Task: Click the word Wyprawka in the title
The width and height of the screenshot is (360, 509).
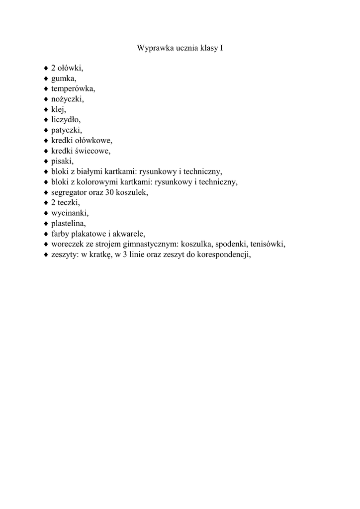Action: [152, 49]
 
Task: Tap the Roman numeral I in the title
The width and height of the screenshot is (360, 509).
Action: [221, 49]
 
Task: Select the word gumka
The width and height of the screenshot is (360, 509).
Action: [64, 79]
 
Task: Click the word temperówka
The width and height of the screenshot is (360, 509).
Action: [73, 89]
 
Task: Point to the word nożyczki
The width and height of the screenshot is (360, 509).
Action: [67, 99]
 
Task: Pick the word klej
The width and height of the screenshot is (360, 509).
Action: [58, 109]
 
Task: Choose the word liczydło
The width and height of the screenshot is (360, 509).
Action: [66, 120]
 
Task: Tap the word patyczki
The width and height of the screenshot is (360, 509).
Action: [66, 130]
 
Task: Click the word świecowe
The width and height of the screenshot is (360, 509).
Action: [92, 151]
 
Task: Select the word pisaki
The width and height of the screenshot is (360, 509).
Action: [62, 161]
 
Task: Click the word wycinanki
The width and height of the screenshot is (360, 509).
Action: [69, 213]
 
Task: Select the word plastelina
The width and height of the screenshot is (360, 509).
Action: [69, 224]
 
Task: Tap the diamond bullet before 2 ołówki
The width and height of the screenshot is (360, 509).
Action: [46, 68]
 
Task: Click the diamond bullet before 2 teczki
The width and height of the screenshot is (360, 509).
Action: [46, 203]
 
